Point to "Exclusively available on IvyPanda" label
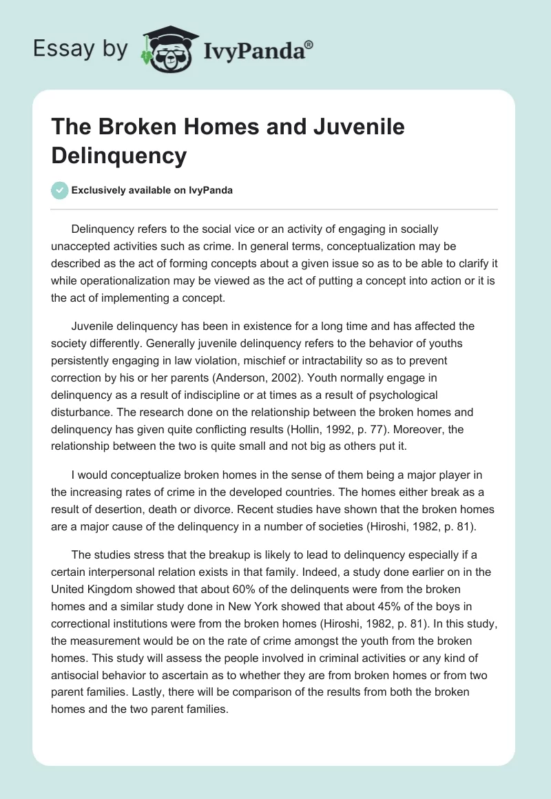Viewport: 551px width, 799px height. tap(153, 191)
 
